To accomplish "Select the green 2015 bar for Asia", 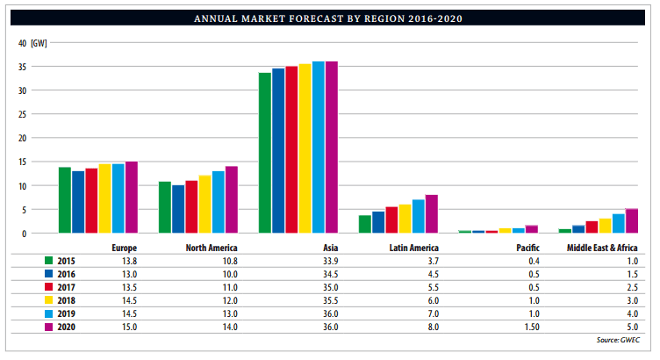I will [264, 153].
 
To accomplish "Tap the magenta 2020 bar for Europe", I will [132, 198].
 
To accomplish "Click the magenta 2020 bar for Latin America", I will [431, 214].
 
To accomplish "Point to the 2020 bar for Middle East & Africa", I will [631, 221].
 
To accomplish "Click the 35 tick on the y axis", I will [23, 67].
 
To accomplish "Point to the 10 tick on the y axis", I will [23, 186].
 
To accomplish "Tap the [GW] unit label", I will [39, 43].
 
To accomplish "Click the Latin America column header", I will [413, 248].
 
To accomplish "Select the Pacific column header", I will [527, 248].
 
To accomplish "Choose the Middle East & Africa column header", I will [602, 248].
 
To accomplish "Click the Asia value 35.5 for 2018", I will [330, 300].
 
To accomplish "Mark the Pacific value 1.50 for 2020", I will [528, 327].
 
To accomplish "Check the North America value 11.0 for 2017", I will [230, 287].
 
